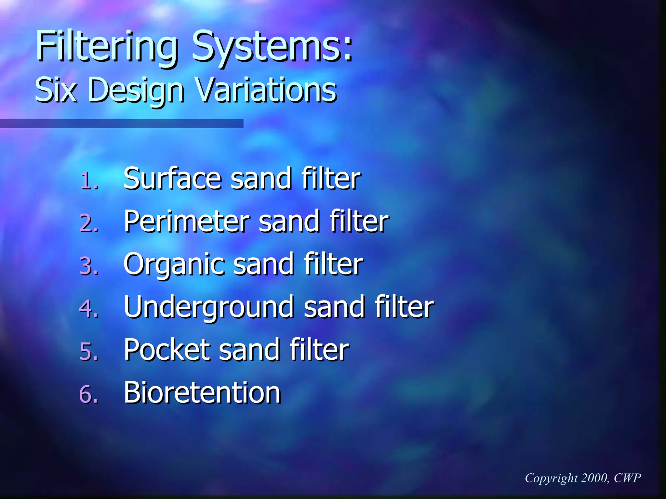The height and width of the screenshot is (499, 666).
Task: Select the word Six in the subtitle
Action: tap(56, 90)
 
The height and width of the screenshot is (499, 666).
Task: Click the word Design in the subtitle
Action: tap(136, 90)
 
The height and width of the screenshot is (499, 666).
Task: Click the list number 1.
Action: tap(88, 181)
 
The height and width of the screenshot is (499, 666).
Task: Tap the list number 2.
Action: tap(88, 224)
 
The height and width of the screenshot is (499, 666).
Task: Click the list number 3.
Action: tap(88, 266)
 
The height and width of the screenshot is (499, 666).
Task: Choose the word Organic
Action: tap(174, 265)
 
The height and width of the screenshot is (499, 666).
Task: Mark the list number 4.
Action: tap(88, 309)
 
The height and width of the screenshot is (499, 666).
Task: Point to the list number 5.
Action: tap(88, 352)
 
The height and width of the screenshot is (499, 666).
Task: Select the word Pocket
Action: tap(167, 350)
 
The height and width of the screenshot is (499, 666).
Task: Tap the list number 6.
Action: tap(88, 394)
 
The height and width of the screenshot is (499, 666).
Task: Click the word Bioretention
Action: tap(202, 392)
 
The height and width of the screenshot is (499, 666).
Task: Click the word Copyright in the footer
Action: tap(551, 478)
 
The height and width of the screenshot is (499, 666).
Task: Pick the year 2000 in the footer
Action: tap(594, 478)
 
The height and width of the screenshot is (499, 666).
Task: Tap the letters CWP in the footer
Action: tap(627, 478)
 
